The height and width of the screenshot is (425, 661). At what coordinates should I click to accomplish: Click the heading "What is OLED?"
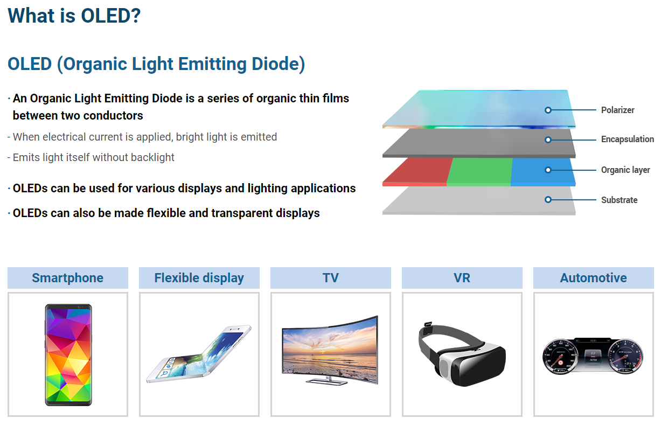pos(74,15)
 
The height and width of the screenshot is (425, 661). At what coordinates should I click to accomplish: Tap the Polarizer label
pos(617,110)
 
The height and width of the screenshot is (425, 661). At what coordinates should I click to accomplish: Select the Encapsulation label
pos(627,140)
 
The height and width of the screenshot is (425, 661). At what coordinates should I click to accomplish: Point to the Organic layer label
pos(625,170)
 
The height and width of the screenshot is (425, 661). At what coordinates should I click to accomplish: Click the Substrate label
pos(619,200)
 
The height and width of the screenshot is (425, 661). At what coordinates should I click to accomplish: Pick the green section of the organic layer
pos(478,171)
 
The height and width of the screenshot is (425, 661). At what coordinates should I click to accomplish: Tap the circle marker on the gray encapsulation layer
pos(548,140)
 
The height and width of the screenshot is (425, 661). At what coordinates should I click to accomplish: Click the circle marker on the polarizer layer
pos(548,110)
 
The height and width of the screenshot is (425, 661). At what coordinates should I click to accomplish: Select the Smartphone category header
pos(68,278)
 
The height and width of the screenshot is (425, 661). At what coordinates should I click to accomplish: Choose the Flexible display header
pos(199,278)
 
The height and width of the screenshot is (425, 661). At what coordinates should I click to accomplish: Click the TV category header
pos(331,278)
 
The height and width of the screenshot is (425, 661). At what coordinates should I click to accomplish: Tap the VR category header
pos(462,278)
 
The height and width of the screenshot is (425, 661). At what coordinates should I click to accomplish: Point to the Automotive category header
pos(594,278)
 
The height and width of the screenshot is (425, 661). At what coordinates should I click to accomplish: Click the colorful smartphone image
pos(68,354)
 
